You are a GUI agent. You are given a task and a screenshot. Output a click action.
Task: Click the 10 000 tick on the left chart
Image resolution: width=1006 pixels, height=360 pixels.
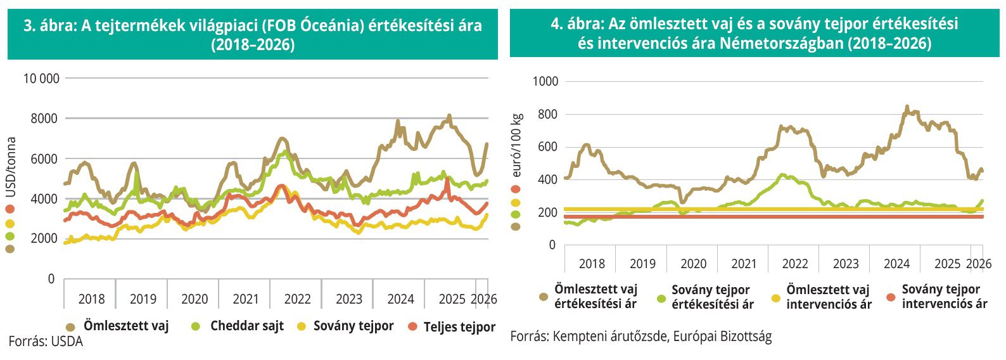(41, 79)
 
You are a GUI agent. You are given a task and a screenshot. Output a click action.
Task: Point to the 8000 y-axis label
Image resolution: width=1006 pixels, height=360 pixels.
(44, 119)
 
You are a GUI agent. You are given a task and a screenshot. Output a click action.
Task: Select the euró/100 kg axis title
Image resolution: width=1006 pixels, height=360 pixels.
(517, 145)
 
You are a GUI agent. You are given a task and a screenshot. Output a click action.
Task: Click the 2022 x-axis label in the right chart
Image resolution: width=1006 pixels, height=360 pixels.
(794, 264)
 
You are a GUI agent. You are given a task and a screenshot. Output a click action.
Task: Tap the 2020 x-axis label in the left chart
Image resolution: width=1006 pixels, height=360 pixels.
(194, 299)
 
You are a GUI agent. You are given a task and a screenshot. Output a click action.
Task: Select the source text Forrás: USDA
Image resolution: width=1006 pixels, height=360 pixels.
(46, 342)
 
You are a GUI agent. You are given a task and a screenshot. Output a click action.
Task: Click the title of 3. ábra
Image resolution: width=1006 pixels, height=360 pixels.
(252, 35)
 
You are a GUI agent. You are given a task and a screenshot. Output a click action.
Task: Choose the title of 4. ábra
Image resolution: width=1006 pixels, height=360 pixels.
(754, 34)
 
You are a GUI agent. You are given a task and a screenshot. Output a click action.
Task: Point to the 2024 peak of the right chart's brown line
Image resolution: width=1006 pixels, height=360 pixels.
(907, 107)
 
